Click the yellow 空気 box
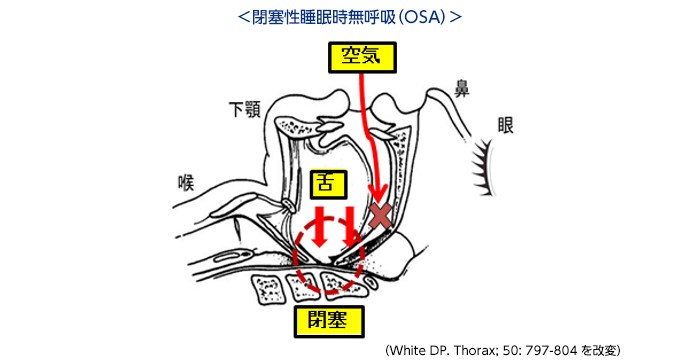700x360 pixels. coord(362,57)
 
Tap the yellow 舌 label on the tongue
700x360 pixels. coord(328,184)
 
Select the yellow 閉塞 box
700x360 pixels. coord(329,322)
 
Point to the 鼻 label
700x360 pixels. coord(462,88)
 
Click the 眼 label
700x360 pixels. coord(505,125)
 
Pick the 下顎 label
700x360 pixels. coord(245,109)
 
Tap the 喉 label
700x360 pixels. coord(186,183)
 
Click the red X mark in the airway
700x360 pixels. coord(380,217)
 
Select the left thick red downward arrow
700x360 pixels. coord(320,226)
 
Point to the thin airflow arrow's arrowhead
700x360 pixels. coord(379,194)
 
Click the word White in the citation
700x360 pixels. coord(404,350)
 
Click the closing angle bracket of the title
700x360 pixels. coord(455,17)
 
